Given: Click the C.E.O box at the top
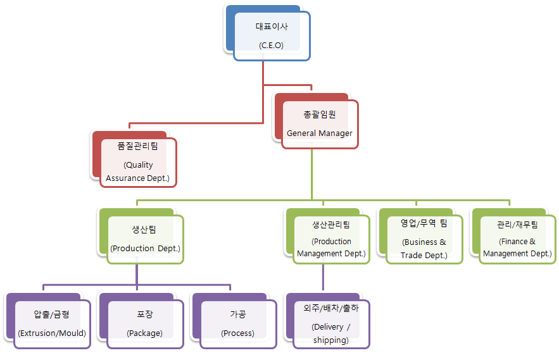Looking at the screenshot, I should click(272, 37).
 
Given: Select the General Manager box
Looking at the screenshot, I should click(320, 124).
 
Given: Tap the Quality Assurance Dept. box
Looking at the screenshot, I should click(138, 162).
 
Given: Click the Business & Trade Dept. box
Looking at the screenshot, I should click(424, 240).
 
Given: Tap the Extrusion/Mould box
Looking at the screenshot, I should click(52, 324).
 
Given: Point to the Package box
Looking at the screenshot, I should click(145, 324).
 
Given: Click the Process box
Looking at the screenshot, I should click(238, 324).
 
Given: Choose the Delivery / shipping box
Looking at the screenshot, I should click(330, 324).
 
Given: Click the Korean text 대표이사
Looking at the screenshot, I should click(272, 27).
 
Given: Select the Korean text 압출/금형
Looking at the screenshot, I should click(52, 314).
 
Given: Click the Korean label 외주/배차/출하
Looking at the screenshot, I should click(330, 309).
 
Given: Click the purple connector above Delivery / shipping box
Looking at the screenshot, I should click(323, 278).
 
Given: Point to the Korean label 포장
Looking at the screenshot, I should click(145, 314).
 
